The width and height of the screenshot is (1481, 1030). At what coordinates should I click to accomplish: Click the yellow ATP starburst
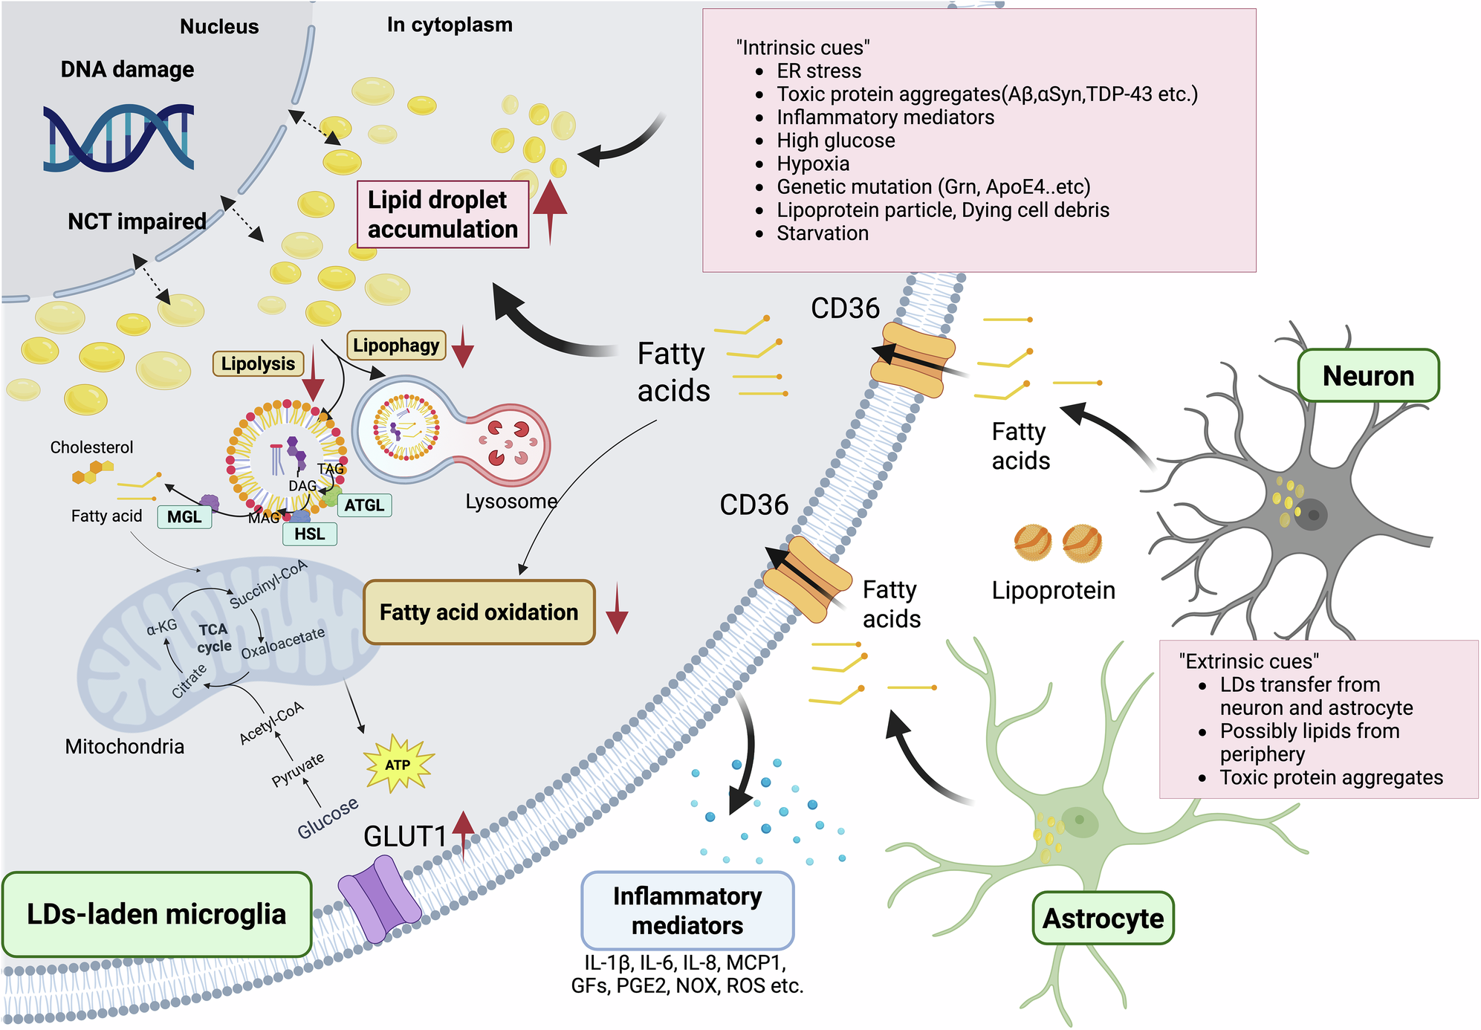pos(398,765)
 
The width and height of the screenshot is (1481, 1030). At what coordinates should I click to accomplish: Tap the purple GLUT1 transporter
pos(379,898)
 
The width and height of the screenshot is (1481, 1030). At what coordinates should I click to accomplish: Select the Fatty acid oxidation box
pos(479,612)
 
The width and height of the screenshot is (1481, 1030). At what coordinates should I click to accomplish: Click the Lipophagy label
pos(396,346)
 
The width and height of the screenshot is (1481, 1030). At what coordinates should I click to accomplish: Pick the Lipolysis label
pos(258,363)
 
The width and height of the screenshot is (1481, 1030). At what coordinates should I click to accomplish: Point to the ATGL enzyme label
pos(364,505)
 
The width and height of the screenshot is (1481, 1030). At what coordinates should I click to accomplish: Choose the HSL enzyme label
pos(309,534)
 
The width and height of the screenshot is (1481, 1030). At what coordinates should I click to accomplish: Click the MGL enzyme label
pos(184,516)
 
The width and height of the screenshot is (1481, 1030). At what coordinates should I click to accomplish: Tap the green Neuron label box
pos(1367,376)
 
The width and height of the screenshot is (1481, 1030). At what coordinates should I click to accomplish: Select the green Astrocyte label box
pos(1103,919)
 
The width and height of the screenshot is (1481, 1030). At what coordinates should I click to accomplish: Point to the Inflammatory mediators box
pos(687,911)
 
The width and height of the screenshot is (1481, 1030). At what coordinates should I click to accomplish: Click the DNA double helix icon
pos(119,138)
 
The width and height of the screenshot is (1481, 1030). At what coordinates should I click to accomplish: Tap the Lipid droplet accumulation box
pos(443,215)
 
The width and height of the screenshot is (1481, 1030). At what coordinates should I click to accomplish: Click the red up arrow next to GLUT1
pos(464,832)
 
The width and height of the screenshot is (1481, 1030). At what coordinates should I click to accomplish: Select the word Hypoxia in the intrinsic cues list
pos(813,163)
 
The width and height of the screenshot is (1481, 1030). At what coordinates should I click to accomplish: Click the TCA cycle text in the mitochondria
pos(214,638)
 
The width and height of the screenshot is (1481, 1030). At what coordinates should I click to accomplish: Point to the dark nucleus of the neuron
pos(1312,515)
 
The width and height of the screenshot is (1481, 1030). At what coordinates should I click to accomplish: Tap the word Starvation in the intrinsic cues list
pos(822,233)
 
